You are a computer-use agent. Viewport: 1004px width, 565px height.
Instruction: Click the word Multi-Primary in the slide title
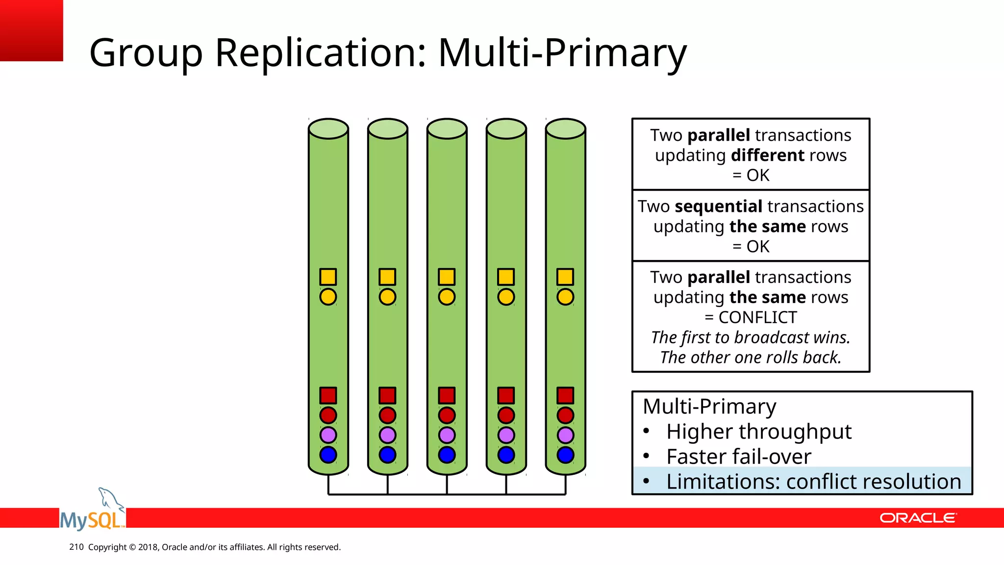(562, 53)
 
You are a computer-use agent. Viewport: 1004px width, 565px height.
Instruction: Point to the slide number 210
(76, 547)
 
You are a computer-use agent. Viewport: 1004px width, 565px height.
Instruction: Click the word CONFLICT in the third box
(758, 317)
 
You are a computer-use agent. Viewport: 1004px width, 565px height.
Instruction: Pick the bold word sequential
(718, 206)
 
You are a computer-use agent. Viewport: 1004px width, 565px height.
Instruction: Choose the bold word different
(768, 155)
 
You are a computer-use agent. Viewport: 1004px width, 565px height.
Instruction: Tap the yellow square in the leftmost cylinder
(328, 277)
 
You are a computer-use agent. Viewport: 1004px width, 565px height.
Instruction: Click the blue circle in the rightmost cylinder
(565, 455)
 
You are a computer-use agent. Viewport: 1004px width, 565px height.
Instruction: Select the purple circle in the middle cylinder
(447, 435)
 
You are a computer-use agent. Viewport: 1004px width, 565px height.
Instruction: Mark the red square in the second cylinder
(387, 395)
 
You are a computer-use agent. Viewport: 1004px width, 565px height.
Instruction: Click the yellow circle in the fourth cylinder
(506, 297)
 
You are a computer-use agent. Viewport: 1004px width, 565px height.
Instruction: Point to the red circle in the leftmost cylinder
(328, 415)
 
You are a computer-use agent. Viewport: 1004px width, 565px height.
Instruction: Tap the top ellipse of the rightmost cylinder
(565, 128)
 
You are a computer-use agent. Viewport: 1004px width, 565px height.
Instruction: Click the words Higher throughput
(758, 432)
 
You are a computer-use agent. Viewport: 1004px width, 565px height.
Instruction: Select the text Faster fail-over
(738, 457)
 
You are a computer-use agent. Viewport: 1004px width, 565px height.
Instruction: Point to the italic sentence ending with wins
(751, 337)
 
